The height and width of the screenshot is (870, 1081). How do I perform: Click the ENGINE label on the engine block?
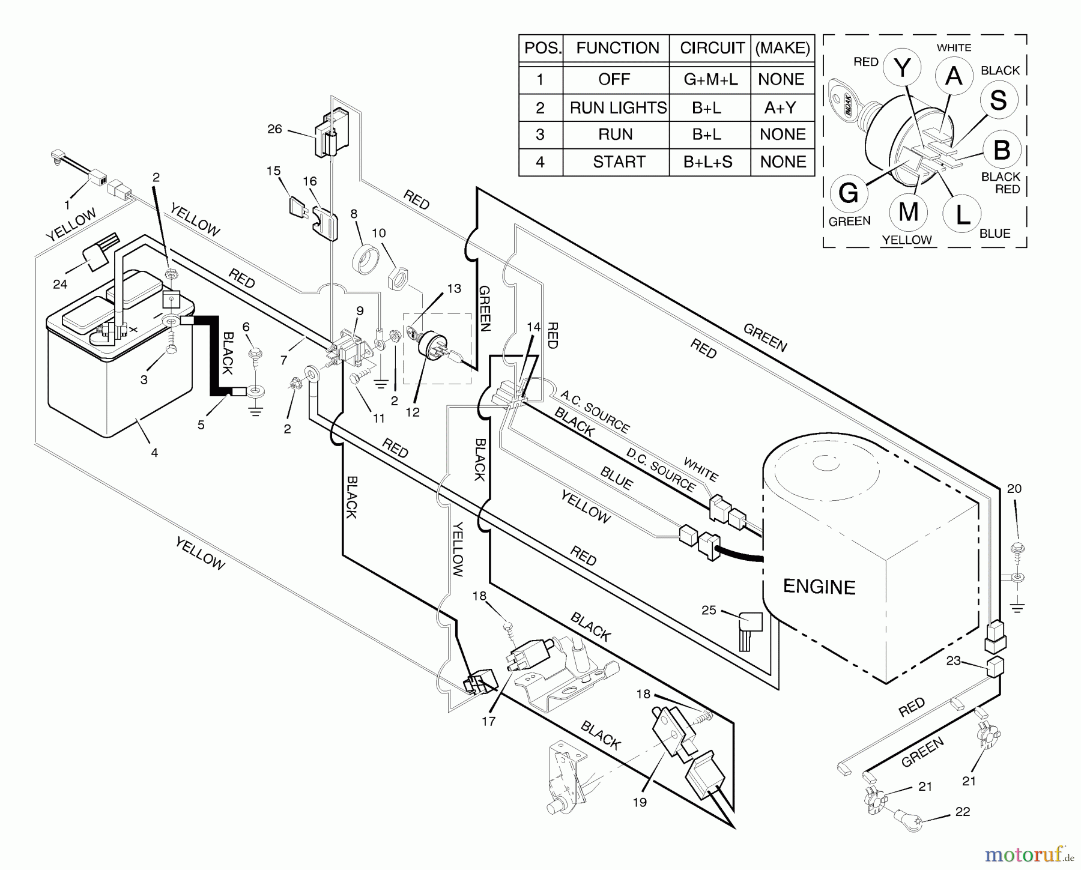click(819, 587)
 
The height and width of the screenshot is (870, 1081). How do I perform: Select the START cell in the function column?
click(619, 162)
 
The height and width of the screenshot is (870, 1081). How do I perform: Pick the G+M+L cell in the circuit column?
click(710, 79)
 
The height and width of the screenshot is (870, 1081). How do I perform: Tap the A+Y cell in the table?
click(781, 107)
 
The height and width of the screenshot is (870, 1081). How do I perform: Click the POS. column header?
click(542, 48)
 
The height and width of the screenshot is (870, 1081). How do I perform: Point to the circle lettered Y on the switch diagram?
click(903, 69)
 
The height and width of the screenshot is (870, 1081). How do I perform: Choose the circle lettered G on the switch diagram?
click(849, 193)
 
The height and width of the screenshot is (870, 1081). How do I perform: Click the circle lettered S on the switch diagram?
click(998, 100)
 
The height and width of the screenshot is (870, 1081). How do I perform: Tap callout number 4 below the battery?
click(154, 453)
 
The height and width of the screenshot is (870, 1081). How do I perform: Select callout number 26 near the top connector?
click(274, 129)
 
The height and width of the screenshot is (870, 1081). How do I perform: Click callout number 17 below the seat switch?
click(488, 721)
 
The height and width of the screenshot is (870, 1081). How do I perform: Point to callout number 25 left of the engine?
click(709, 610)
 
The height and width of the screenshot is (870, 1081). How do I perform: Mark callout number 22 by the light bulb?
click(962, 812)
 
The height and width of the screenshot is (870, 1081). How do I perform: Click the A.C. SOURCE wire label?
click(595, 411)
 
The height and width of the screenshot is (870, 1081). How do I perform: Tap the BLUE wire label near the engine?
click(616, 479)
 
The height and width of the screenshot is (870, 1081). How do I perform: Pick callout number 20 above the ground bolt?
click(1014, 489)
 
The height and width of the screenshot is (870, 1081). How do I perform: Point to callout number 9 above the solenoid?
click(360, 310)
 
